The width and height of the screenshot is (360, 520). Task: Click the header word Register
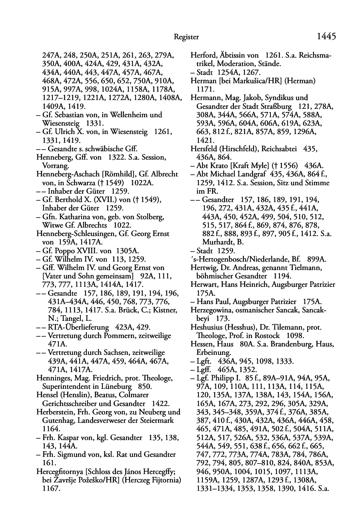click(186, 37)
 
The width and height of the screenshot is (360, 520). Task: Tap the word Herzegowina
click(210, 310)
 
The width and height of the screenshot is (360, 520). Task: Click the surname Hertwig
click(204, 268)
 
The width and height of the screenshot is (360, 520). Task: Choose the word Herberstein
click(55, 412)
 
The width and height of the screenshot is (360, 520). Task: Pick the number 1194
click(282, 276)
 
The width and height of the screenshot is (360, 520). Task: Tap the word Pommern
click(122, 336)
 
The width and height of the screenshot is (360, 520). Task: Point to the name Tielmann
click(296, 268)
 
